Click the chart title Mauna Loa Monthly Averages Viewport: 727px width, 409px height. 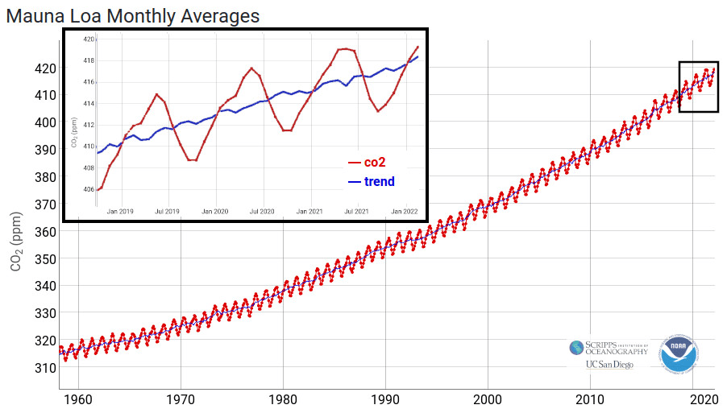click(133, 15)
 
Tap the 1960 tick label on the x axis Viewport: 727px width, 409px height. click(77, 399)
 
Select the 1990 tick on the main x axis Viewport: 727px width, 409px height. click(385, 399)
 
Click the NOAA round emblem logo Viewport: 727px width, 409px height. click(679, 354)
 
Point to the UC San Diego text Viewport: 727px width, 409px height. click(609, 365)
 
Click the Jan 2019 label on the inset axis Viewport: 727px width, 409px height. click(120, 211)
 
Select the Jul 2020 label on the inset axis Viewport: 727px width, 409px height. click(262, 211)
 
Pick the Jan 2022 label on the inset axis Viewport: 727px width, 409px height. click(405, 211)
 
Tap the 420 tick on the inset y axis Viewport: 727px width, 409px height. click(90, 39)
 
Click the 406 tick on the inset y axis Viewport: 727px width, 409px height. click(90, 190)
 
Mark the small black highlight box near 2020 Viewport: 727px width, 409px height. click(698, 86)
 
